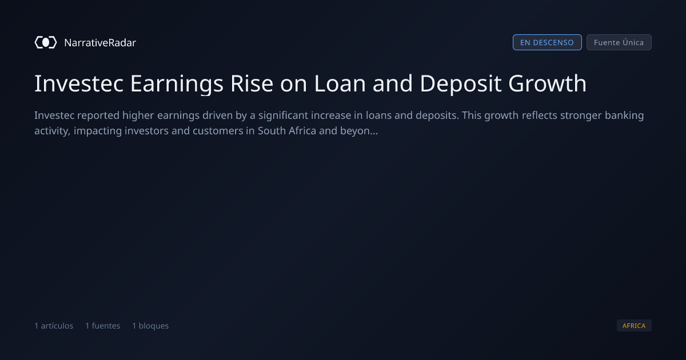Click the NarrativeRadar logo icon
(x=46, y=42)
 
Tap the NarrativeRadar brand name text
(x=100, y=43)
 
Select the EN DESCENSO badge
(x=547, y=42)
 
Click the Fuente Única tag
(x=619, y=42)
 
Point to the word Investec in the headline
(x=79, y=83)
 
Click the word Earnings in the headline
(x=177, y=85)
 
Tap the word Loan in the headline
(x=340, y=83)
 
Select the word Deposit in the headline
(x=461, y=85)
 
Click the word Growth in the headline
(x=547, y=83)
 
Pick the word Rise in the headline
(x=252, y=83)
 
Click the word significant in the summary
(x=283, y=115)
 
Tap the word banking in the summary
(x=624, y=115)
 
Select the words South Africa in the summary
(x=286, y=131)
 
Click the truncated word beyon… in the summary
(x=359, y=131)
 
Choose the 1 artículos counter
(x=54, y=326)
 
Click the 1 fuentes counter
(x=102, y=326)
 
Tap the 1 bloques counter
(x=150, y=326)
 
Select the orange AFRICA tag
(x=634, y=326)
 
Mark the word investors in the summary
(x=146, y=131)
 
